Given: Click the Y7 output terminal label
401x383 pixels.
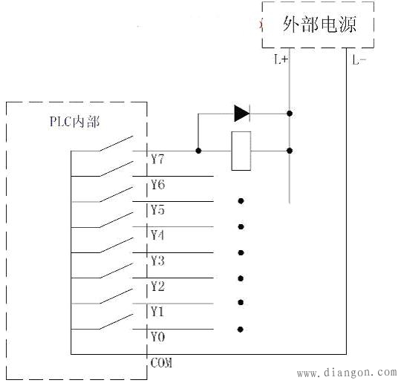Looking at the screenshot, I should [157, 159].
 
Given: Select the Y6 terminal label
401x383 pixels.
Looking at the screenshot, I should [157, 184].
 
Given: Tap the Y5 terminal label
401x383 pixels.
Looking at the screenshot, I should [157, 209].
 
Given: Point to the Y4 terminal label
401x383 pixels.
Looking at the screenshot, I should [157, 235].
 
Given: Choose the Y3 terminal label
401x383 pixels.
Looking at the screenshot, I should [157, 261].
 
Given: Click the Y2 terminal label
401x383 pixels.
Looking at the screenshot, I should [157, 286].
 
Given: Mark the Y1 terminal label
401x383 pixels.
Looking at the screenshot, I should [157, 311].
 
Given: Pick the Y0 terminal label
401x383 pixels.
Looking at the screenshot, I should [157, 336].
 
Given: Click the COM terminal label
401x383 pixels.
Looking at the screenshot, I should [161, 362].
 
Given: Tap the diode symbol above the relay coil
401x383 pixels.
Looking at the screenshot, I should [241, 114].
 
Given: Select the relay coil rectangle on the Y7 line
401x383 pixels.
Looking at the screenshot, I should [241, 151].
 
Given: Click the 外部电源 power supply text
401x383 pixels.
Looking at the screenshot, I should [319, 24].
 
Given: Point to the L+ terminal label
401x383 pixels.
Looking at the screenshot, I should [281, 60].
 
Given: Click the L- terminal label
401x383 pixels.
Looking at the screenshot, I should [359, 60].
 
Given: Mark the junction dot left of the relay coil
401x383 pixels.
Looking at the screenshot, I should [198, 151].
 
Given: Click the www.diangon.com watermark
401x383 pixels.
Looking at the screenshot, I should [346, 373].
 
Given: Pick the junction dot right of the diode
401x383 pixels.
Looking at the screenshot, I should [290, 114].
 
